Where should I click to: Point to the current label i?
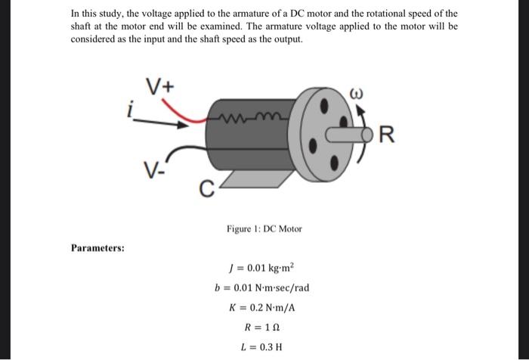(x=130, y=111)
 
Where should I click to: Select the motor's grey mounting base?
(x=249, y=175)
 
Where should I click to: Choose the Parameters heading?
(x=98, y=247)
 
